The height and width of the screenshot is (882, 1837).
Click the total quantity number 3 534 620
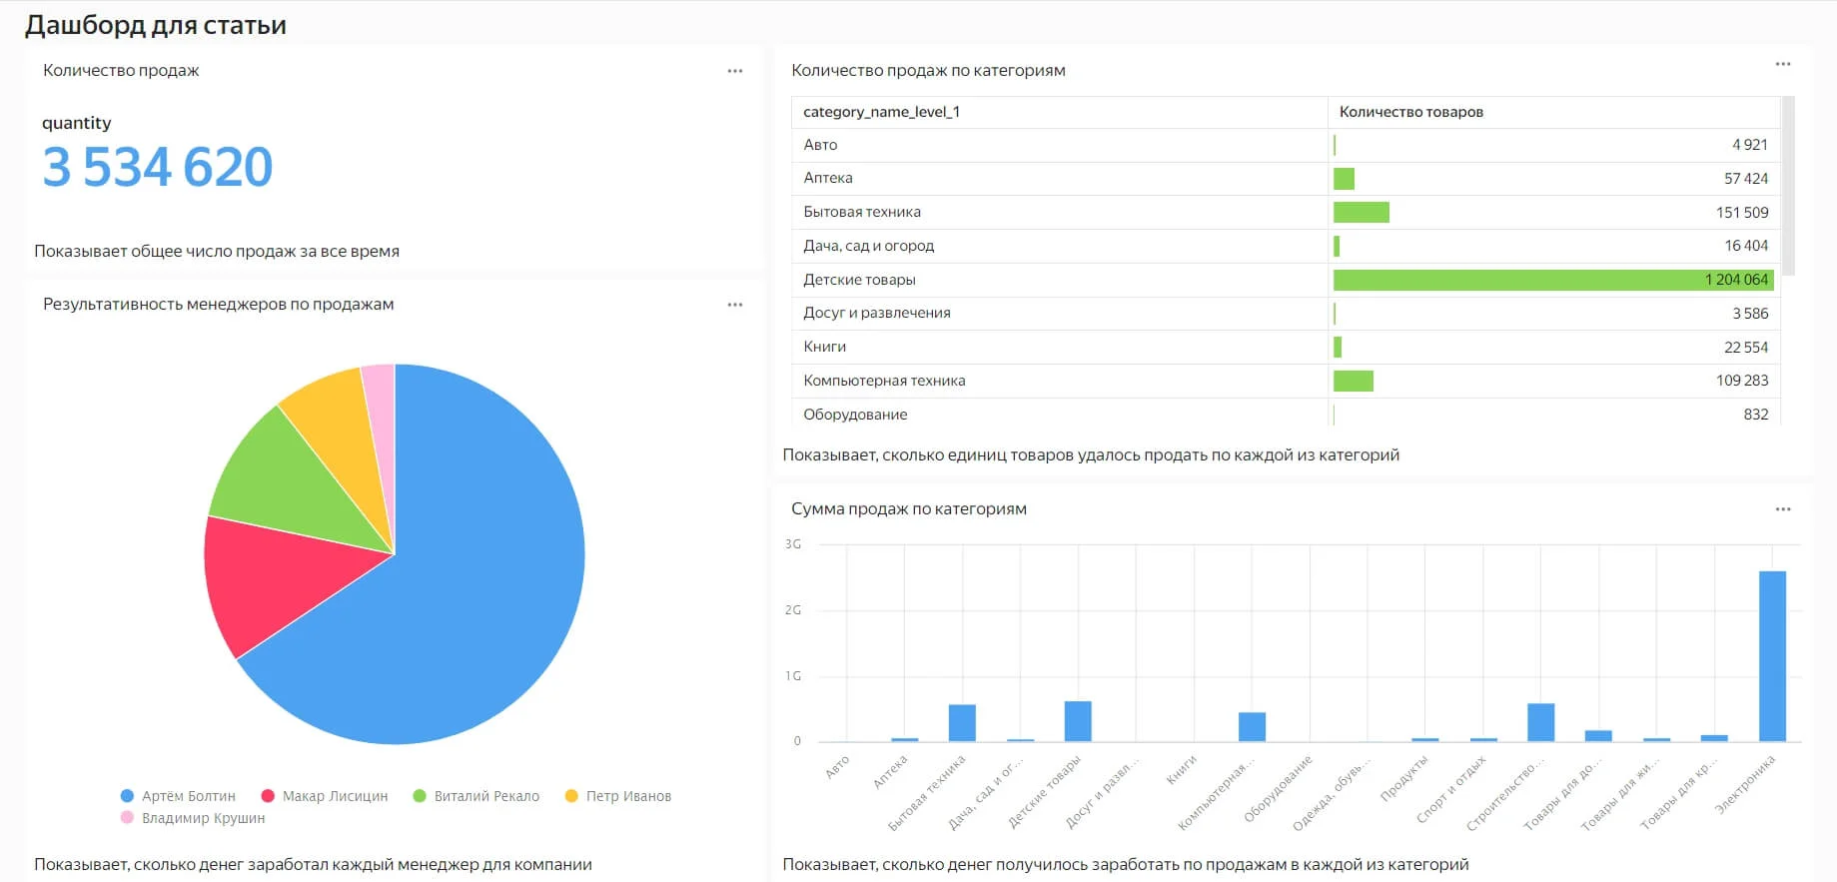coord(157,167)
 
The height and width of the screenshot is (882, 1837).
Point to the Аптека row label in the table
coord(828,178)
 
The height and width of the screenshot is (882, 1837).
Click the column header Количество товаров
coord(1410,112)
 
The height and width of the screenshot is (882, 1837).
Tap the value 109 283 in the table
coord(1741,381)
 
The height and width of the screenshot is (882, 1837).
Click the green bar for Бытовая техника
coord(1361,212)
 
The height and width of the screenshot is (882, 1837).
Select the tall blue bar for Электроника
coord(1772,655)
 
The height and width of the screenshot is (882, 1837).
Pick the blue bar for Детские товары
coord(1078,721)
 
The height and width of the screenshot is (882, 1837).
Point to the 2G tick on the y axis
coord(793,610)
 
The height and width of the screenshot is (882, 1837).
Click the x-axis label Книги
coord(1182,769)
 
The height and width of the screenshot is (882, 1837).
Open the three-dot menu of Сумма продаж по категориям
coord(1783,509)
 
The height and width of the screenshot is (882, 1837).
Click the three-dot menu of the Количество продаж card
coord(735,71)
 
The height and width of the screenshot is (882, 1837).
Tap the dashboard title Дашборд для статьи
coord(156,25)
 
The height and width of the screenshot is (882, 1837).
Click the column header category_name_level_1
coord(881,112)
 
